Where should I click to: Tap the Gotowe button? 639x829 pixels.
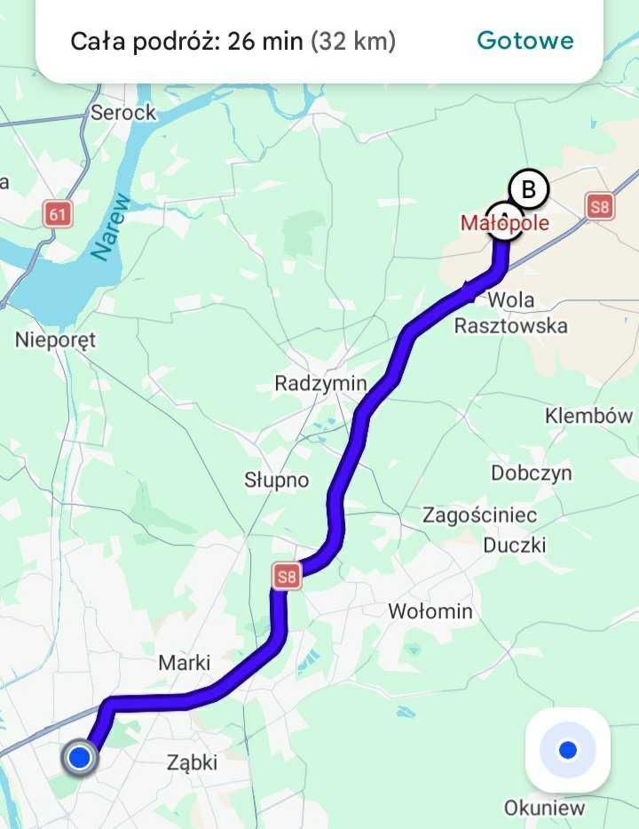click(x=525, y=41)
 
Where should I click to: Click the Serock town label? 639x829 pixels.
click(x=123, y=113)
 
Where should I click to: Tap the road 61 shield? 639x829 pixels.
click(x=58, y=213)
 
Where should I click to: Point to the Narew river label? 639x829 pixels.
click(x=111, y=229)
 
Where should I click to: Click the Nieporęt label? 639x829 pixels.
click(x=55, y=339)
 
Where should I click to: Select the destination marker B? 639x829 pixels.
click(x=528, y=189)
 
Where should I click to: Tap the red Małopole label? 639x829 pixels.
click(x=504, y=222)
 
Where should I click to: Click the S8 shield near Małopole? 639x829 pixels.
click(x=600, y=208)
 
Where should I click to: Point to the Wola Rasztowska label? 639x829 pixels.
click(x=510, y=313)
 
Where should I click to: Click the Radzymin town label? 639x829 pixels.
click(x=320, y=384)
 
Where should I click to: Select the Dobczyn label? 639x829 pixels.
click(x=532, y=474)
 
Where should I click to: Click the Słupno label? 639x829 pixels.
click(x=277, y=481)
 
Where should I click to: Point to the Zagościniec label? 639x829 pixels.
click(x=479, y=515)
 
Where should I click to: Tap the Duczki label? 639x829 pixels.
click(x=515, y=545)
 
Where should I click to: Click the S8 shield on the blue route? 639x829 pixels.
click(x=287, y=577)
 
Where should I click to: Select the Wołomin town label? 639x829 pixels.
click(x=430, y=611)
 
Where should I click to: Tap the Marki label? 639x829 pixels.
click(x=185, y=663)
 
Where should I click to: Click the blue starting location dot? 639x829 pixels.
click(x=80, y=758)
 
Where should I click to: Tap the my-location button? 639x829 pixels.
click(x=568, y=751)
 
